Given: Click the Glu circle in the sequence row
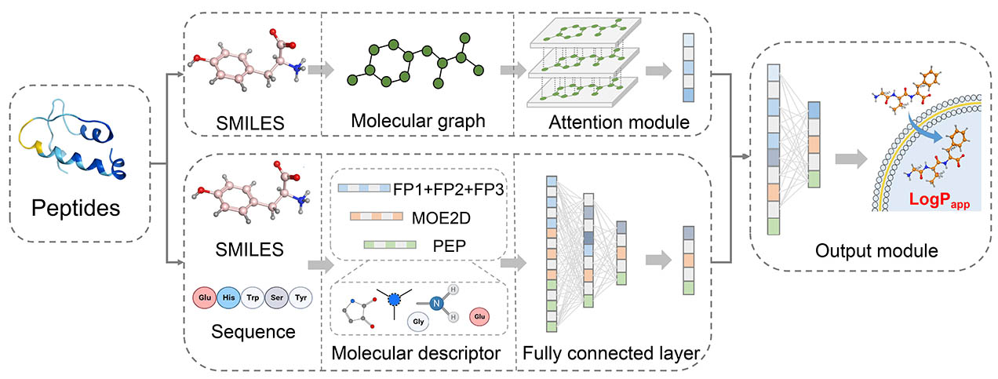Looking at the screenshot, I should (205, 297).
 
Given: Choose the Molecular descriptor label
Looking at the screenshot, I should (416, 353).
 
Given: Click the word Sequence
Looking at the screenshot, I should (253, 332).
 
